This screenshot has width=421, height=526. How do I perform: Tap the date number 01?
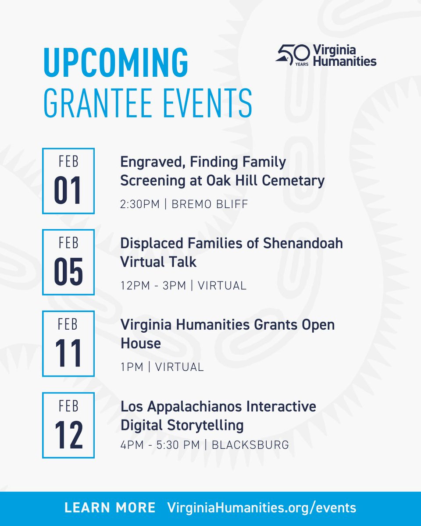[68, 192]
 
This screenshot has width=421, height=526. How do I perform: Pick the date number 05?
[68, 273]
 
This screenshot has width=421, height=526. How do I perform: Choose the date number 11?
[68, 354]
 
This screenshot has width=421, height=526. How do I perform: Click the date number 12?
[68, 435]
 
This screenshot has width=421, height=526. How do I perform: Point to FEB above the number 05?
[68, 243]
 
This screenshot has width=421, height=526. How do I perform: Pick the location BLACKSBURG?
[250, 445]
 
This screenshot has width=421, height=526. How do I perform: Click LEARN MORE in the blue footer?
[110, 508]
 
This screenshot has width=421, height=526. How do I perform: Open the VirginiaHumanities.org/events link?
[262, 508]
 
